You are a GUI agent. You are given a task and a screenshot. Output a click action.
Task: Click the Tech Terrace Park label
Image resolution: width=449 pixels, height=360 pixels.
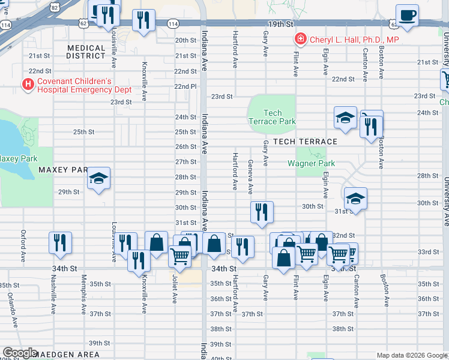click(x=273, y=117)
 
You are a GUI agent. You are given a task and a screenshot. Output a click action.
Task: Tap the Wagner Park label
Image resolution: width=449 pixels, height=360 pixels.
click(x=311, y=163)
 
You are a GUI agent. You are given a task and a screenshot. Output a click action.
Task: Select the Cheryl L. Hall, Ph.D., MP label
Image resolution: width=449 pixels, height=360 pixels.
click(x=355, y=40)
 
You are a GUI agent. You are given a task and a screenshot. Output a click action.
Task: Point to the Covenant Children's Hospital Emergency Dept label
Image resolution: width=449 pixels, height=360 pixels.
click(x=75, y=85)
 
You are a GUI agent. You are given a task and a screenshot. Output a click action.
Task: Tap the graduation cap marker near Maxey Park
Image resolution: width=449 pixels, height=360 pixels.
click(x=98, y=179)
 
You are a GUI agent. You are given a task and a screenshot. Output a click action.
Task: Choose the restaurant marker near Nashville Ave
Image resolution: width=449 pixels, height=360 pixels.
click(x=60, y=243)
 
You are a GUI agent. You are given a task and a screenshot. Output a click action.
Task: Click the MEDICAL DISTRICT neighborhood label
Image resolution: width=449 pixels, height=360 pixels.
click(x=86, y=52)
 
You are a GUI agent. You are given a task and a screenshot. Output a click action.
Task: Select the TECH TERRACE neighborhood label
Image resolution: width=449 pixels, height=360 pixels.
click(x=305, y=142)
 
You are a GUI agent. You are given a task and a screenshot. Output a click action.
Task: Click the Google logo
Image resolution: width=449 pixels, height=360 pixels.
click(x=20, y=353)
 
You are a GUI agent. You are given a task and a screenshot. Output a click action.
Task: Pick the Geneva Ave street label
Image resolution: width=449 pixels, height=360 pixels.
click(x=250, y=178)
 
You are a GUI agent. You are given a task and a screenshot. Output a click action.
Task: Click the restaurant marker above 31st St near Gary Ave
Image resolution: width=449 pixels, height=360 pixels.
click(x=262, y=212)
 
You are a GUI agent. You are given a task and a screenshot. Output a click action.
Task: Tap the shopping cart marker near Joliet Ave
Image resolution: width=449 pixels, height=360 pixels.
click(x=180, y=256)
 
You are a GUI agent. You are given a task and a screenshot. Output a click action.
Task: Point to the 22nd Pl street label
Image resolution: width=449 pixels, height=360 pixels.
click(x=185, y=86)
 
